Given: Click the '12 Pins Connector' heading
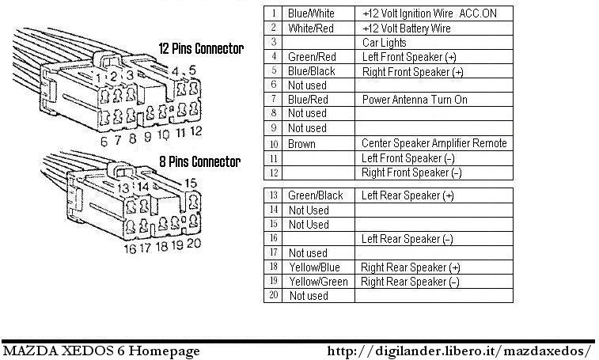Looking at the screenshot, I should [201, 49].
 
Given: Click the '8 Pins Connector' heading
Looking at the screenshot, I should [200, 162].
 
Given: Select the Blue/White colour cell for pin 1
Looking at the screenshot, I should [310, 14].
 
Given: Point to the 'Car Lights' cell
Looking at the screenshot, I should [385, 43].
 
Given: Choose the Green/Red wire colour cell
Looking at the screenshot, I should [312, 57].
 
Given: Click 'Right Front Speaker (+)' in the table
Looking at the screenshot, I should [412, 71].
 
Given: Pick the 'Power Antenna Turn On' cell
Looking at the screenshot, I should [415, 100].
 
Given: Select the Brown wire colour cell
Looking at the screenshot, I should [301, 144].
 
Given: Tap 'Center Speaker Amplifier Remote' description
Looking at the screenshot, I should [434, 143].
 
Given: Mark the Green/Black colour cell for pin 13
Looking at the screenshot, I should [315, 195].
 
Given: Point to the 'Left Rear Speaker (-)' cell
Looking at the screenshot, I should [407, 238].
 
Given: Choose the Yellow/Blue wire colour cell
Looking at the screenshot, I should [314, 267].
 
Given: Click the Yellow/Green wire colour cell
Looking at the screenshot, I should [318, 282].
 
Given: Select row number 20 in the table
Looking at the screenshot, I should [273, 295].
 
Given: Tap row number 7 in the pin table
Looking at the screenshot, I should [273, 100].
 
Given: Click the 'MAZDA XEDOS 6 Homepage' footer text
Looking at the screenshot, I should [100, 351].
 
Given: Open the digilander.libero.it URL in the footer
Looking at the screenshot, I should [460, 351].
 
